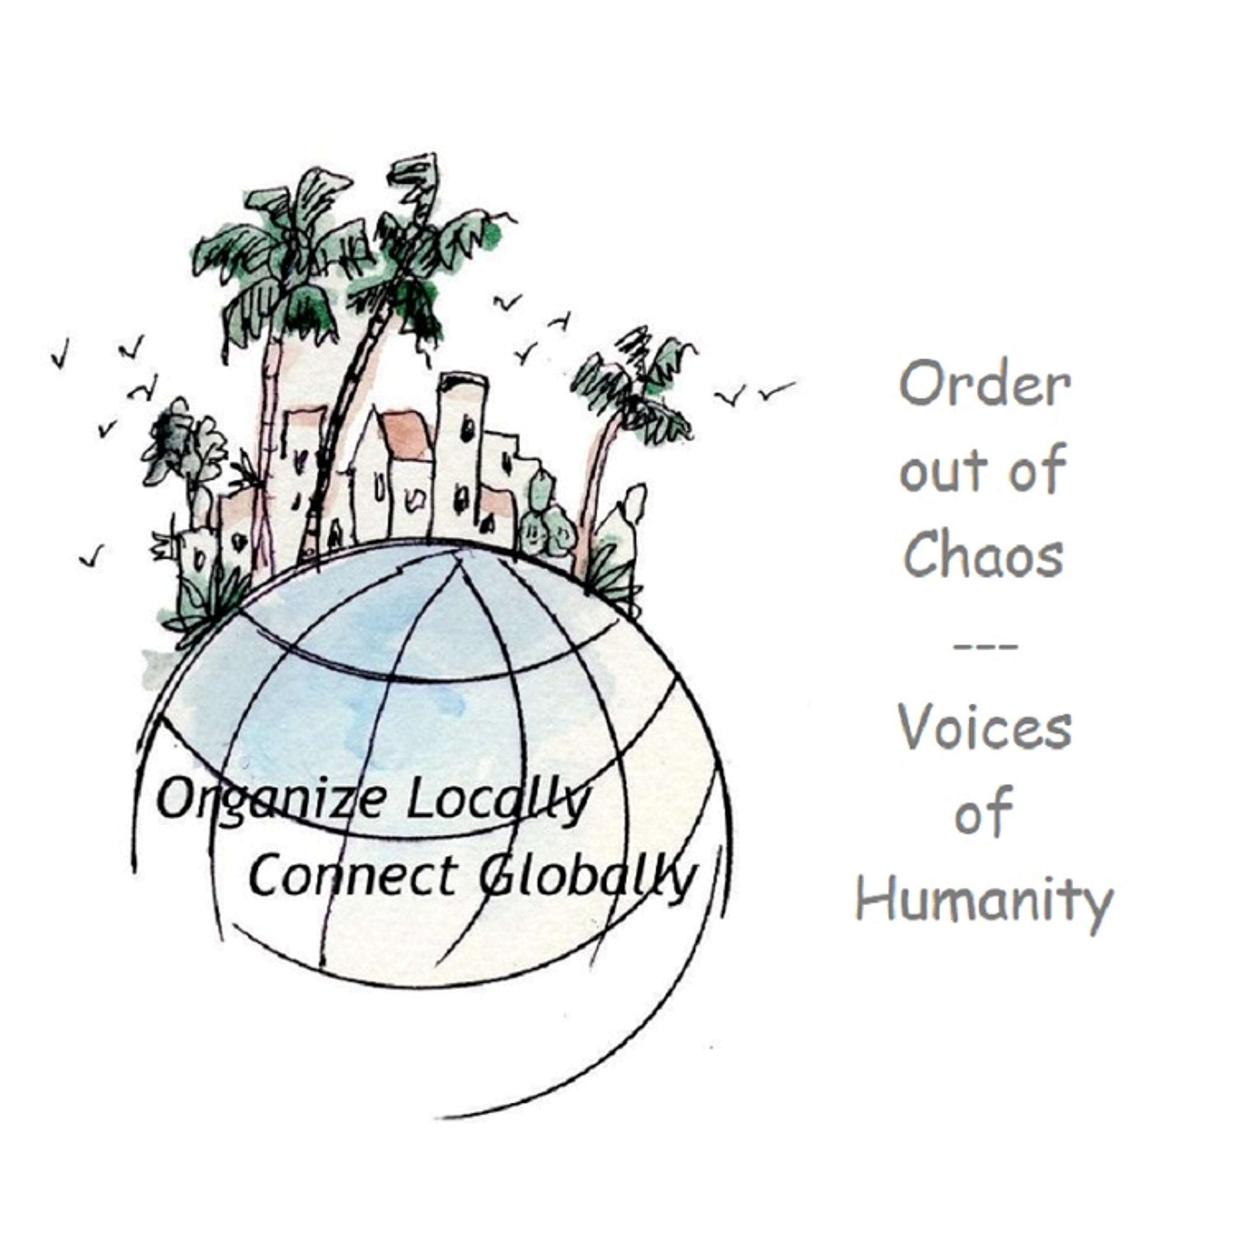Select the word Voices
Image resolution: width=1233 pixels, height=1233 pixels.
[985, 727]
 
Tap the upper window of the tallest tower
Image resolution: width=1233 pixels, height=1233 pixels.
[469, 426]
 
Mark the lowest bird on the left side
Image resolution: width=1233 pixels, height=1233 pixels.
[92, 556]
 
